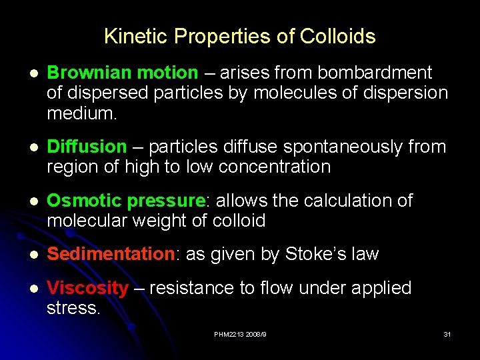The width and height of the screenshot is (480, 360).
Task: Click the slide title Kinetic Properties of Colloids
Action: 240,37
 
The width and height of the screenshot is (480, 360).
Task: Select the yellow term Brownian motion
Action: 123,73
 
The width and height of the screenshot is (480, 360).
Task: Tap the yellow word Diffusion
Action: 87,147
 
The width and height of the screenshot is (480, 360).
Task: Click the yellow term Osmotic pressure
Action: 125,201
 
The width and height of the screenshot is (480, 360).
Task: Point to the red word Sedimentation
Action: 111,254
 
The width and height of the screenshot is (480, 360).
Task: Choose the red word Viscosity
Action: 88,289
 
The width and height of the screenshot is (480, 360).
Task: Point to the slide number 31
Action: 447,334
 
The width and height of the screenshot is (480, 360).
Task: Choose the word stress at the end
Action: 72,309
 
